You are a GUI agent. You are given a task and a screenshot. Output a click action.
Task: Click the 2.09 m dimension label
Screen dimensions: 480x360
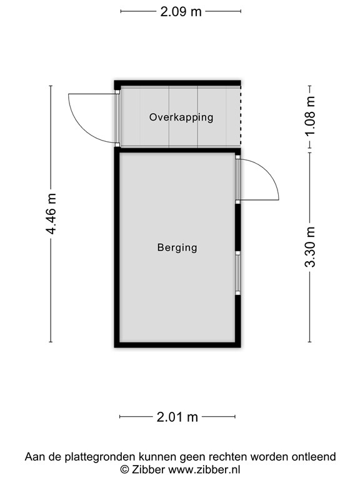[181, 11]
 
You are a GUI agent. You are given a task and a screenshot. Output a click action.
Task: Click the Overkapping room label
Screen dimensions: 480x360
[181, 117]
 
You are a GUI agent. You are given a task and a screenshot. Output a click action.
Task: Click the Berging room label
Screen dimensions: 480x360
[177, 247]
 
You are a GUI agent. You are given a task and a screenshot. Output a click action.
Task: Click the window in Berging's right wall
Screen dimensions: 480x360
[237, 272]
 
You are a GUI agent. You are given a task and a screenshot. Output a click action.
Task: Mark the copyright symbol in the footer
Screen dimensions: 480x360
[124, 469]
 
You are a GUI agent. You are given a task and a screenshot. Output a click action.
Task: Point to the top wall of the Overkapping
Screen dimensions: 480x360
[177, 83]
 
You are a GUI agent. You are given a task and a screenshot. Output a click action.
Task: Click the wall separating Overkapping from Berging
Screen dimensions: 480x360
[177, 150]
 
